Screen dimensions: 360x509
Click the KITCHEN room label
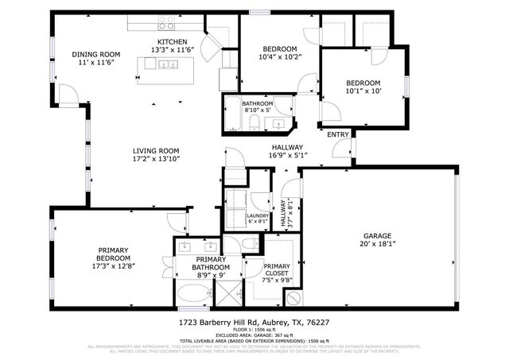tap(172, 41)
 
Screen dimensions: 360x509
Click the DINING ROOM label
tap(95, 55)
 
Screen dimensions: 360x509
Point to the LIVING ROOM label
tap(155, 150)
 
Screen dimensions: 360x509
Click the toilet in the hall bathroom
tap(254, 122)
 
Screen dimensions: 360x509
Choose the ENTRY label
tap(338, 134)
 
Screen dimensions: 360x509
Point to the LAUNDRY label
tap(258, 215)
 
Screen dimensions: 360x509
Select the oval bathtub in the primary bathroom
tap(192, 295)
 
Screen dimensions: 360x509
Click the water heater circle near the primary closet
tap(291, 299)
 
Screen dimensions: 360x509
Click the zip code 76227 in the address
tap(340, 323)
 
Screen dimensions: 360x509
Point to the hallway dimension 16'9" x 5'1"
tap(287, 156)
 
